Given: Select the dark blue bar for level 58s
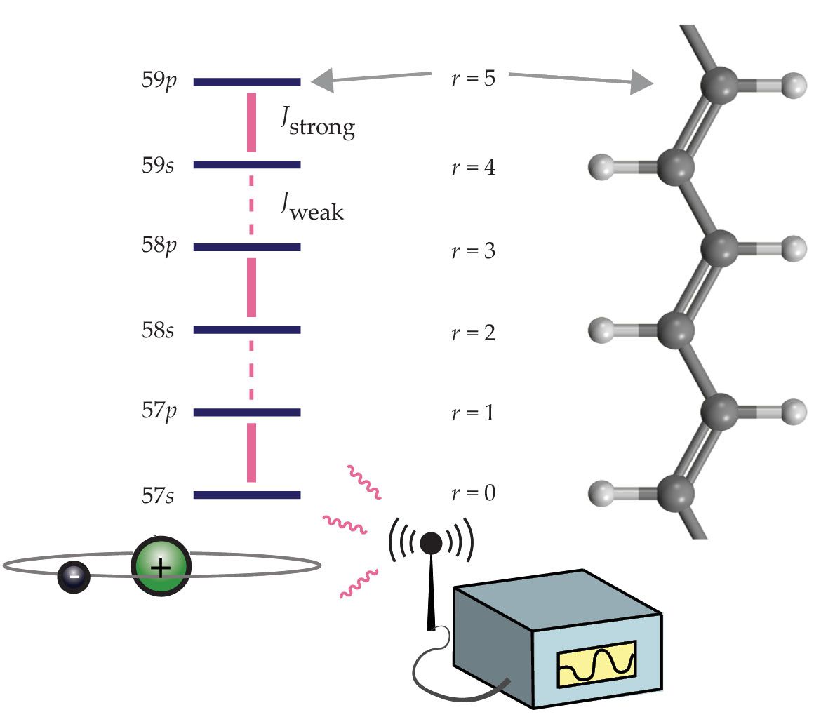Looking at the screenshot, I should (x=247, y=329).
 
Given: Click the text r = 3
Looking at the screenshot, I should (x=472, y=250).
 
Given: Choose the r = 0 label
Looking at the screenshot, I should (x=472, y=494).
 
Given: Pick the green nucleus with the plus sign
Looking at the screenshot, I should (x=161, y=567).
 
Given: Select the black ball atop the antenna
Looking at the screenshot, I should (x=431, y=542).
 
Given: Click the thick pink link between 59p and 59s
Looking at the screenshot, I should (x=251, y=122).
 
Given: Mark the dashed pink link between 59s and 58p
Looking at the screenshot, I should (x=251, y=206).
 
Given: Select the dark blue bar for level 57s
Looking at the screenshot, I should (x=247, y=495).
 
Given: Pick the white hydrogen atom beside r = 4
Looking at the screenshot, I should (x=605, y=168).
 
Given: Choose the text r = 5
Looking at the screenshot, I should (x=472, y=79).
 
